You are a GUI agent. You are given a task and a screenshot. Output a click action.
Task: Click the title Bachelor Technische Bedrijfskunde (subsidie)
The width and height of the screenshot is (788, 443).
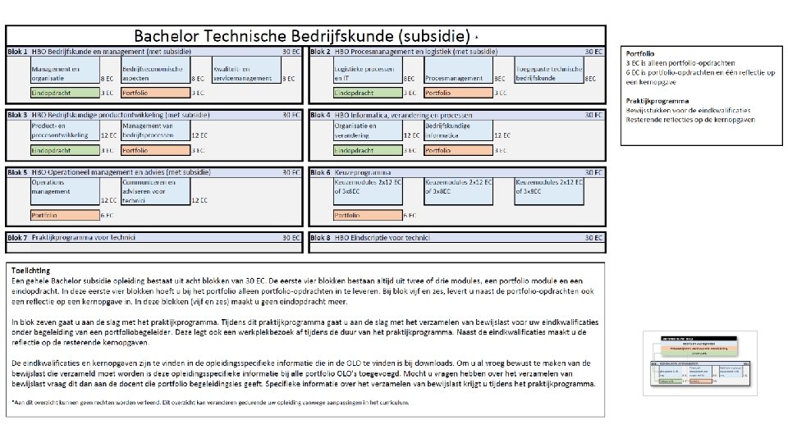tap(301, 35)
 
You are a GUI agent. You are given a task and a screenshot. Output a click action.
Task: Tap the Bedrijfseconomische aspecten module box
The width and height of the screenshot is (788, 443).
tap(155, 73)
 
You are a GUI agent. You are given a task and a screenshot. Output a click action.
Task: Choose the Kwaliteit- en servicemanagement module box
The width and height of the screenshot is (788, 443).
tap(245, 73)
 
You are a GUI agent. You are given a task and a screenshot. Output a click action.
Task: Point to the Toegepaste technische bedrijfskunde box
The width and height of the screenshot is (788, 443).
tap(549, 73)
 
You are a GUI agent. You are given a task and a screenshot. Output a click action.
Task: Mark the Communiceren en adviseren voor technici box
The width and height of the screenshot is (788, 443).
tap(155, 191)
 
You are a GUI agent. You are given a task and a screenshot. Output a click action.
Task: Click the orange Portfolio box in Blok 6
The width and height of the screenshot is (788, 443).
tap(367, 215)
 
